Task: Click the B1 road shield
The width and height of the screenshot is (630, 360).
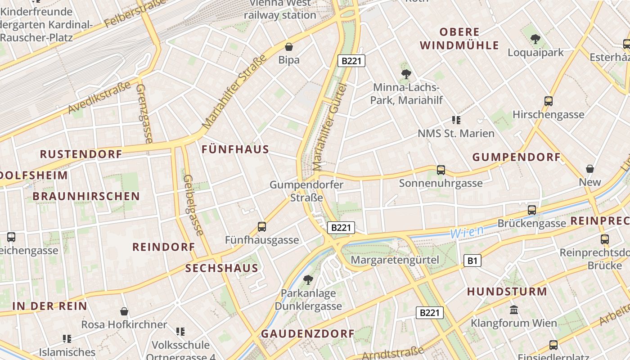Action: tap(472, 261)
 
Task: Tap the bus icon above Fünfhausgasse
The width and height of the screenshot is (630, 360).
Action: tap(262, 227)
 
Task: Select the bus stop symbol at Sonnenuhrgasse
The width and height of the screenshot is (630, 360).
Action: tap(441, 170)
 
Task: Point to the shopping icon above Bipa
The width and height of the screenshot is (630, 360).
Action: tap(289, 47)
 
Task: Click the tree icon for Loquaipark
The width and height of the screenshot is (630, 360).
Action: tap(535, 39)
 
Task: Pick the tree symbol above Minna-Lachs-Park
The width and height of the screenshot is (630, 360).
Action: tap(406, 74)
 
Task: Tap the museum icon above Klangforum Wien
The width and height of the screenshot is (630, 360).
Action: tap(514, 310)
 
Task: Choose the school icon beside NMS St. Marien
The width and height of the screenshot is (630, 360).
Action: tap(456, 120)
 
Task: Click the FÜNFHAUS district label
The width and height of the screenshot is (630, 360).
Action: tap(235, 149)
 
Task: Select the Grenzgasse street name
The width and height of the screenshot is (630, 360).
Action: tap(144, 113)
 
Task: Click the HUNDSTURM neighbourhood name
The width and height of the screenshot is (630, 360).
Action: tap(507, 292)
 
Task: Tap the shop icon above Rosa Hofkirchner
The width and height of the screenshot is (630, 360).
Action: tap(124, 311)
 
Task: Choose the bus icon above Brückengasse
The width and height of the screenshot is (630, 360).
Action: tap(532, 210)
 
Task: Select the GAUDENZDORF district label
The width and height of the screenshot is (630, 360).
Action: tap(308, 334)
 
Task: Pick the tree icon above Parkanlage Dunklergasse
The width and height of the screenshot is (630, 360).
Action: tap(308, 280)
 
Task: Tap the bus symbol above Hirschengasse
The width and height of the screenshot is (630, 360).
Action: tap(549, 101)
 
